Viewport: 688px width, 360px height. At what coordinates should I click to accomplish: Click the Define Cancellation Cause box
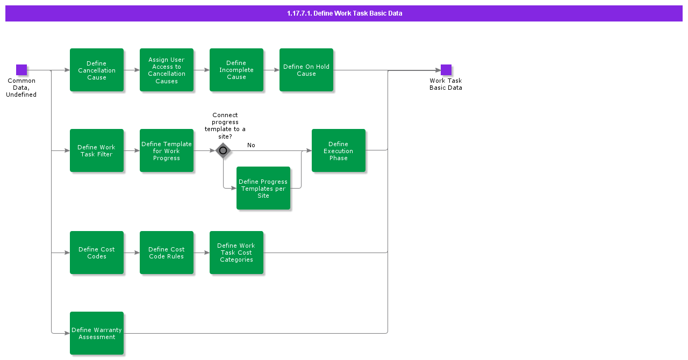click(97, 70)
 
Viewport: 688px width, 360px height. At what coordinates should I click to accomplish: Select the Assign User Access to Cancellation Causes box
click(167, 70)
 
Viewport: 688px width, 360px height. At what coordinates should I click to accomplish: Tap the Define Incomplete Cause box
click(236, 70)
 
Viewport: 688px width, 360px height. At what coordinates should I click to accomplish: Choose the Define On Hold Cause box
click(306, 70)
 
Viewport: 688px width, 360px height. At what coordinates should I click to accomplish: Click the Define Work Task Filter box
click(97, 150)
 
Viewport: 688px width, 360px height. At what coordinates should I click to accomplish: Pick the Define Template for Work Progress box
click(167, 150)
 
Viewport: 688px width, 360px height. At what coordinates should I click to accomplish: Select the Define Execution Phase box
click(339, 150)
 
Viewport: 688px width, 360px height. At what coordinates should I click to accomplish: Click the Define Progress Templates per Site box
click(263, 188)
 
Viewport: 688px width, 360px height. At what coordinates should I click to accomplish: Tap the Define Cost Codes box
click(97, 253)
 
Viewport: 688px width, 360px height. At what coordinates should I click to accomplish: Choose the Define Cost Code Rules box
click(167, 253)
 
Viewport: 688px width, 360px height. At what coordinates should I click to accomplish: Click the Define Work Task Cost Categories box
click(236, 253)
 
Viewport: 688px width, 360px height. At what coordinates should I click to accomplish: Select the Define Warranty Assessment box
click(97, 333)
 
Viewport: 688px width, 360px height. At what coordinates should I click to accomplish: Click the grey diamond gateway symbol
click(223, 150)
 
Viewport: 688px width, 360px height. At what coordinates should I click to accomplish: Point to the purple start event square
click(21, 70)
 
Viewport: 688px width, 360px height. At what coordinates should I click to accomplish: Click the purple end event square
click(446, 70)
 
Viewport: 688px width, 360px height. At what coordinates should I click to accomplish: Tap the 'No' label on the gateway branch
click(251, 145)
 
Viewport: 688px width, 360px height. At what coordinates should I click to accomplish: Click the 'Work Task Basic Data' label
click(446, 84)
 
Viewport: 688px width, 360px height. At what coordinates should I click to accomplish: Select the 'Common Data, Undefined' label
click(21, 88)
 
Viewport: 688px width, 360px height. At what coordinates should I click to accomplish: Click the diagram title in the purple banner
click(344, 13)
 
